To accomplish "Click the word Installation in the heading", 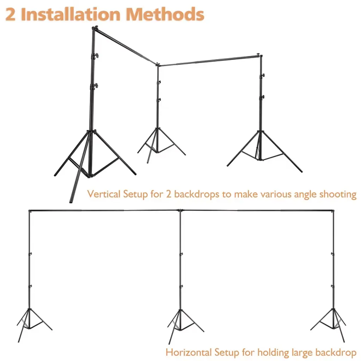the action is (x=71, y=14).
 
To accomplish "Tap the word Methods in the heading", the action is (x=165, y=14).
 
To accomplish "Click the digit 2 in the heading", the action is (x=10, y=14).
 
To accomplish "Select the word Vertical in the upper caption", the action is (x=104, y=194).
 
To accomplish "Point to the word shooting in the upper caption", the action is (x=338, y=195).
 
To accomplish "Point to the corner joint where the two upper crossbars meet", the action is (x=158, y=64).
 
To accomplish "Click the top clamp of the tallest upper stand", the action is (x=94, y=29).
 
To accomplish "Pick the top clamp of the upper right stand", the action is (x=259, y=55).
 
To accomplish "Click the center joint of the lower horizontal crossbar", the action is (x=180, y=210).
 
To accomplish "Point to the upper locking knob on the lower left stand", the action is (x=30, y=254).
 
